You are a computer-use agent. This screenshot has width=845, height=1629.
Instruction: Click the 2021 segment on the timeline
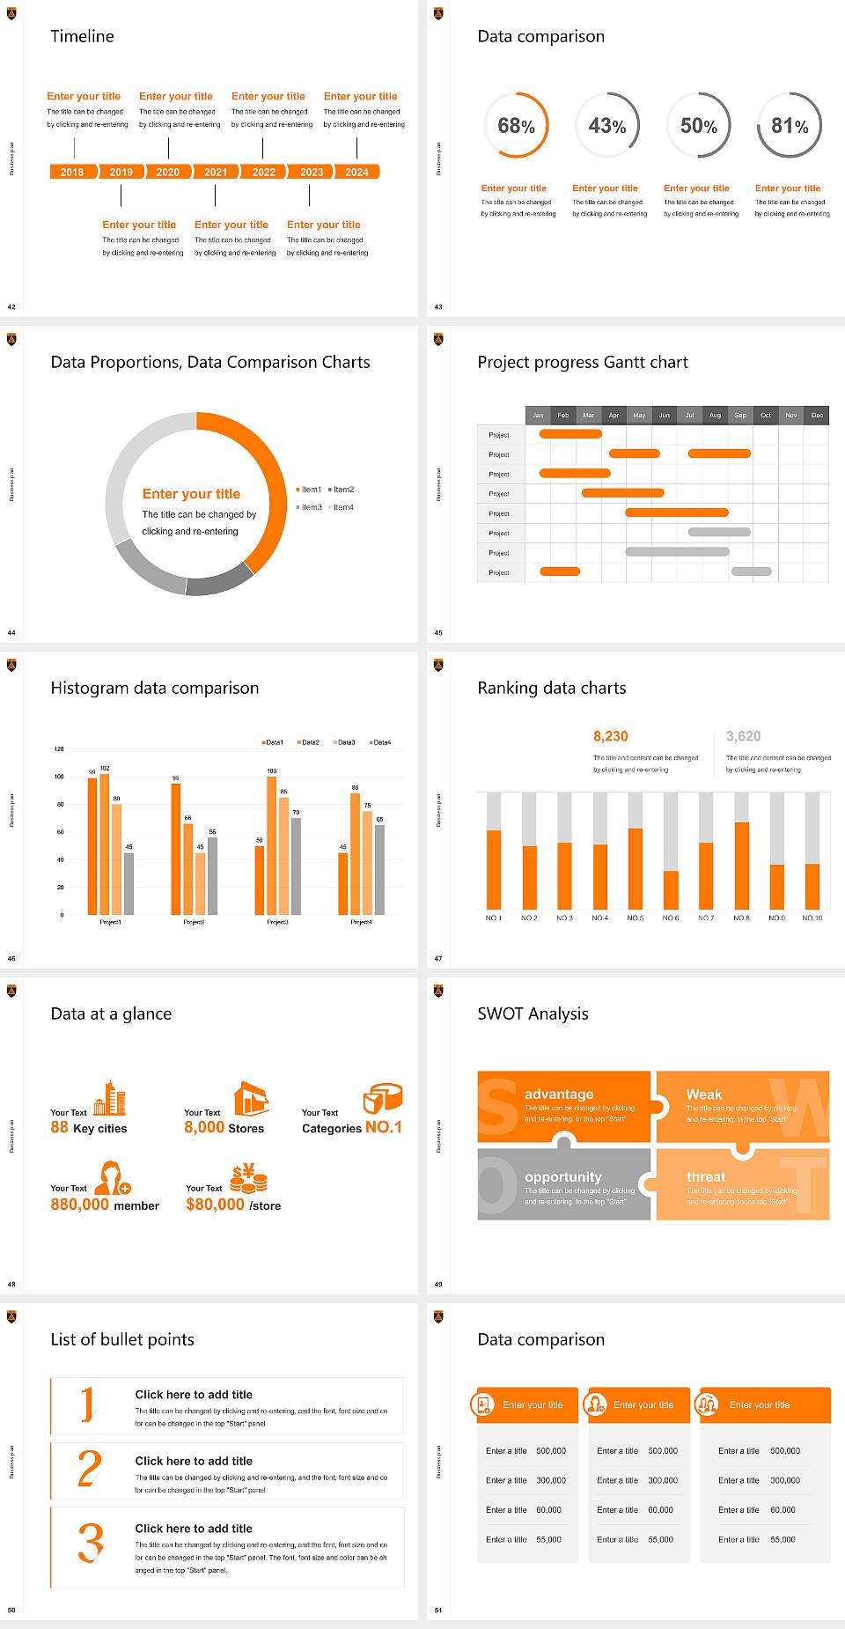[216, 173]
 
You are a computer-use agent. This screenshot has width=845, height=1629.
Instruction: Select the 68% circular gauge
[517, 126]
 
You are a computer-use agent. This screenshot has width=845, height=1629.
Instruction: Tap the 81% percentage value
[790, 127]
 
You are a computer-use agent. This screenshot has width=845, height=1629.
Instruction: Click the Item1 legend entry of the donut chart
[310, 490]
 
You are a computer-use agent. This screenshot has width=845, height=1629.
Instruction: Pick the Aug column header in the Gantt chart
[715, 415]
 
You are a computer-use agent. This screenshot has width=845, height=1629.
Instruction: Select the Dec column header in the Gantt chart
[817, 415]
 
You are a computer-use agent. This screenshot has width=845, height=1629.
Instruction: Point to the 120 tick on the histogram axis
[59, 749]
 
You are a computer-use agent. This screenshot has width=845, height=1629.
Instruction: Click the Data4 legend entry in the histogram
[380, 742]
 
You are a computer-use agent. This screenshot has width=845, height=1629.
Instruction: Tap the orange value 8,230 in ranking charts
[611, 736]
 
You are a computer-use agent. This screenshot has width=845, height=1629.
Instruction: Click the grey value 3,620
[744, 736]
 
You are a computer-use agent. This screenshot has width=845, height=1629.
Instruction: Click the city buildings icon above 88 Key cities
[110, 1098]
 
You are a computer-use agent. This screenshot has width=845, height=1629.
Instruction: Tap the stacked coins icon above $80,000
[249, 1178]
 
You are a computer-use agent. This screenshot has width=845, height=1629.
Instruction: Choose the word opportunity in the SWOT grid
[563, 1177]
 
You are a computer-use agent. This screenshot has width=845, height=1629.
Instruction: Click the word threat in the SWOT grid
[706, 1177]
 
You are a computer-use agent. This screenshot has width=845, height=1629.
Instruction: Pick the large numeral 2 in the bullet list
[90, 1469]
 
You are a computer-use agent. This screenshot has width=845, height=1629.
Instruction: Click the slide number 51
[438, 1611]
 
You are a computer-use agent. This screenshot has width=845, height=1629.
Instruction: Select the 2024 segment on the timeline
[356, 173]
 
